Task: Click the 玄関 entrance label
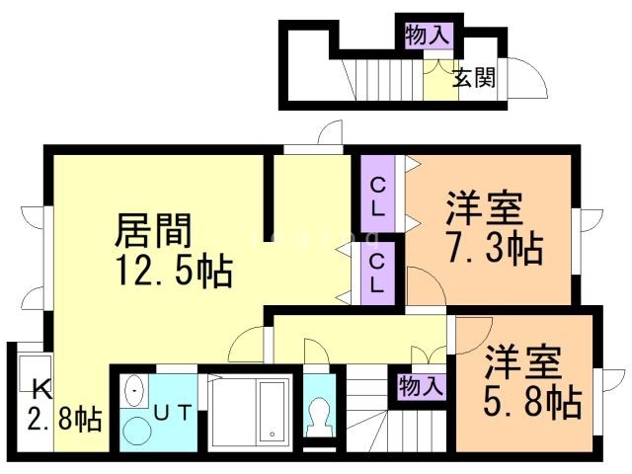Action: [x=474, y=76]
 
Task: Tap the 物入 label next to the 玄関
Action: [x=427, y=36]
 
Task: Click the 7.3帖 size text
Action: [x=494, y=248]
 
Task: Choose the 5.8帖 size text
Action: [x=530, y=401]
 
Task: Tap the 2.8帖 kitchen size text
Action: [x=64, y=420]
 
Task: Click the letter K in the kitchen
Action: [x=40, y=387]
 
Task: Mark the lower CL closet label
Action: [x=378, y=274]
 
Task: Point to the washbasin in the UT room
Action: [x=135, y=392]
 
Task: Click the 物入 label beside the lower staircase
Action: [x=420, y=384]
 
